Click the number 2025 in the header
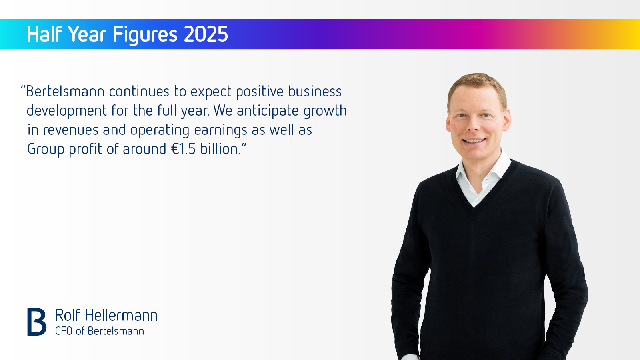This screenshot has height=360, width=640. click(206, 34)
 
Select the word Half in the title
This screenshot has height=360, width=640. click(44, 34)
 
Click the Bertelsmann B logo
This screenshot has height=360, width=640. click(37, 322)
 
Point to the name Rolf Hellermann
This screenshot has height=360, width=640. click(106, 315)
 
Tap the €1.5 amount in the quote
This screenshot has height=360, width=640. click(184, 149)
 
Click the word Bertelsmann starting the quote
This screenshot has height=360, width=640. click(65, 92)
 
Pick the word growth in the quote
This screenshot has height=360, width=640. click(325, 111)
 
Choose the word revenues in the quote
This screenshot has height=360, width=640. click(70, 130)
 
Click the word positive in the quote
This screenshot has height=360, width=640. click(260, 92)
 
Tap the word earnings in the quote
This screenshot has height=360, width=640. click(220, 130)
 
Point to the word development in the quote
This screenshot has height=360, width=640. click(67, 111)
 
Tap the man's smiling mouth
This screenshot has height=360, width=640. click(474, 141)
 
